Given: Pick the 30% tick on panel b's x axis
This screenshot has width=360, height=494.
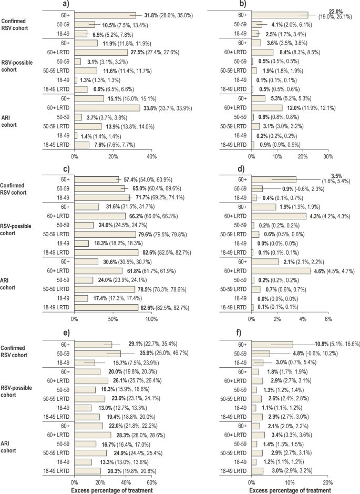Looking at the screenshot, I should pos(328,156).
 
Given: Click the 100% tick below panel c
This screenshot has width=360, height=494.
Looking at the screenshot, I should pos(151,318).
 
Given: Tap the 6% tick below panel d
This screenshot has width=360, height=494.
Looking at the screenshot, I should pos(328,318).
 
